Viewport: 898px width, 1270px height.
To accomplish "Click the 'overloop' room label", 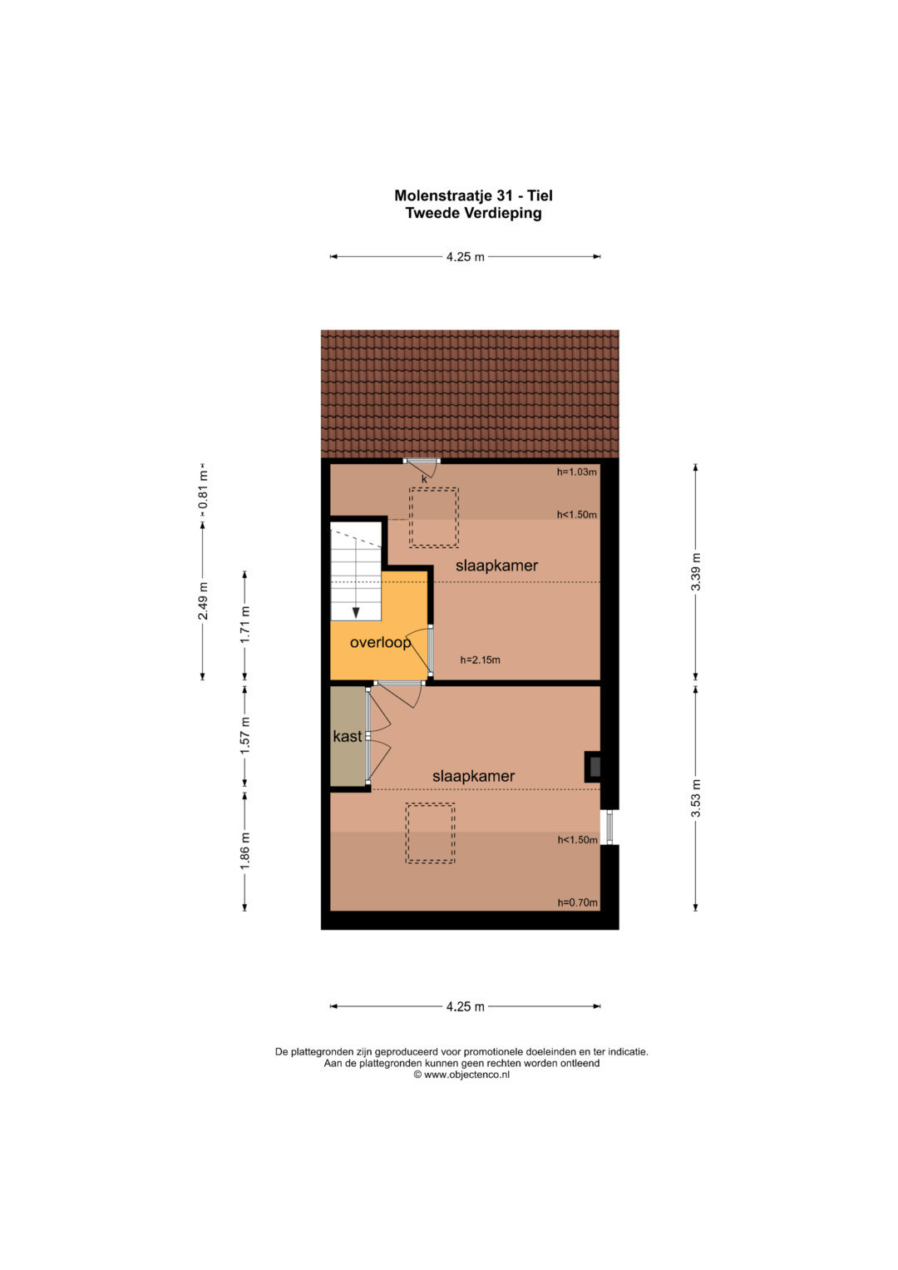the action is point(380,642).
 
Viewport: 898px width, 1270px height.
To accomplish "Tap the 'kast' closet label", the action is point(347,736).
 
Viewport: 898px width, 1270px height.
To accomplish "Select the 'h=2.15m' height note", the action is point(480,660).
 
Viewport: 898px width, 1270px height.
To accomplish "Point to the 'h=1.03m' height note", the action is point(576,472).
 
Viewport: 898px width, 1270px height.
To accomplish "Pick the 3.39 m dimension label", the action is point(695,571).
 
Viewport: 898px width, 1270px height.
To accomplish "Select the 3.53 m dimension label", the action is point(696,798).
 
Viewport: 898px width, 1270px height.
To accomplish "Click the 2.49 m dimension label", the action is point(202,601).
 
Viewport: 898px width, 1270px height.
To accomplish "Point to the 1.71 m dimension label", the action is point(244,625).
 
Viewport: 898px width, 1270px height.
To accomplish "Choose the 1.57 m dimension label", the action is point(244,736).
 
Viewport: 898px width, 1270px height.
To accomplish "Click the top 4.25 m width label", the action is point(465,257).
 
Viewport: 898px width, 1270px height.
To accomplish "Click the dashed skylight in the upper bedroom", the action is point(434,517).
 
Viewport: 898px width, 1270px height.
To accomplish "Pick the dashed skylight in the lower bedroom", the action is point(430,833).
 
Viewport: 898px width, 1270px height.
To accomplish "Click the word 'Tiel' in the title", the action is point(540,195).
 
